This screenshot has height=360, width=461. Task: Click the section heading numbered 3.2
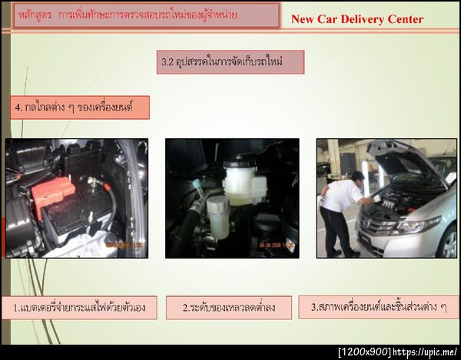tap(230, 61)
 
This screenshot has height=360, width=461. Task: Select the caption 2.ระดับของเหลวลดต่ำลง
tap(229, 308)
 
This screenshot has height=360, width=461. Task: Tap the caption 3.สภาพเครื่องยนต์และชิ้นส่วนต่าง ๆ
tap(379, 306)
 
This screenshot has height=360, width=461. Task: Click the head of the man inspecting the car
tap(357, 177)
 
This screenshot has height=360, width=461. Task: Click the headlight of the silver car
tap(419, 226)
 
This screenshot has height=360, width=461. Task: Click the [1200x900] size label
tap(365, 352)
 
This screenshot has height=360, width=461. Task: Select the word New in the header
tap(303, 19)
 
